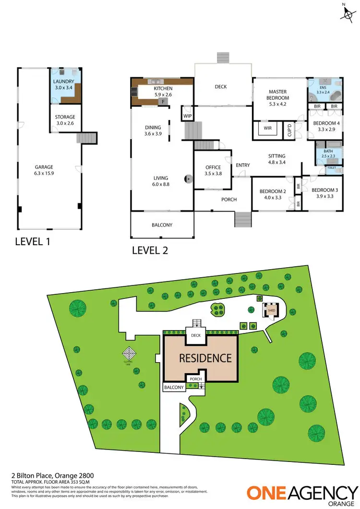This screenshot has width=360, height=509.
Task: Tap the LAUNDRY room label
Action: click(63, 84)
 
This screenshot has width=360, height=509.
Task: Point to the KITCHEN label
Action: click(163, 92)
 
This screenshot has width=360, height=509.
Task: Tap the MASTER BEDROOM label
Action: click(277, 97)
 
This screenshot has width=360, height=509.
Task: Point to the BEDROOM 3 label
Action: click(324, 193)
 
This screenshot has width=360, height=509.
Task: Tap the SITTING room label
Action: click(277, 159)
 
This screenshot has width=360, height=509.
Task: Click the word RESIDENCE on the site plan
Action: click(205, 358)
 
